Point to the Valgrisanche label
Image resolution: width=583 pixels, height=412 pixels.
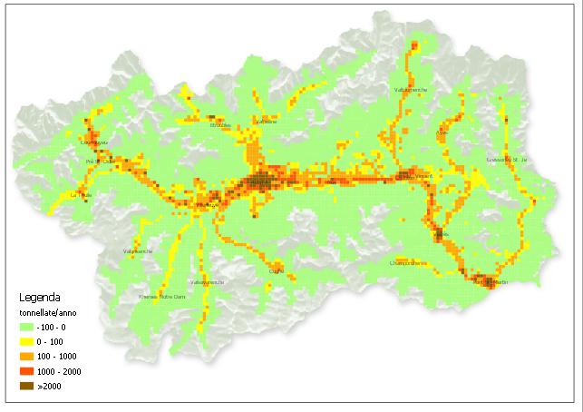(x=138, y=251)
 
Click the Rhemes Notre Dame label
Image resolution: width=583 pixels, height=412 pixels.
(x=162, y=296)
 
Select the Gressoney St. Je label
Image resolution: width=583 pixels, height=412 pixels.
(x=506, y=159)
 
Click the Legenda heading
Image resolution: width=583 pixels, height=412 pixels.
(x=40, y=297)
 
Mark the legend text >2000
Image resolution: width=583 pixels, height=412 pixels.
(x=53, y=386)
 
